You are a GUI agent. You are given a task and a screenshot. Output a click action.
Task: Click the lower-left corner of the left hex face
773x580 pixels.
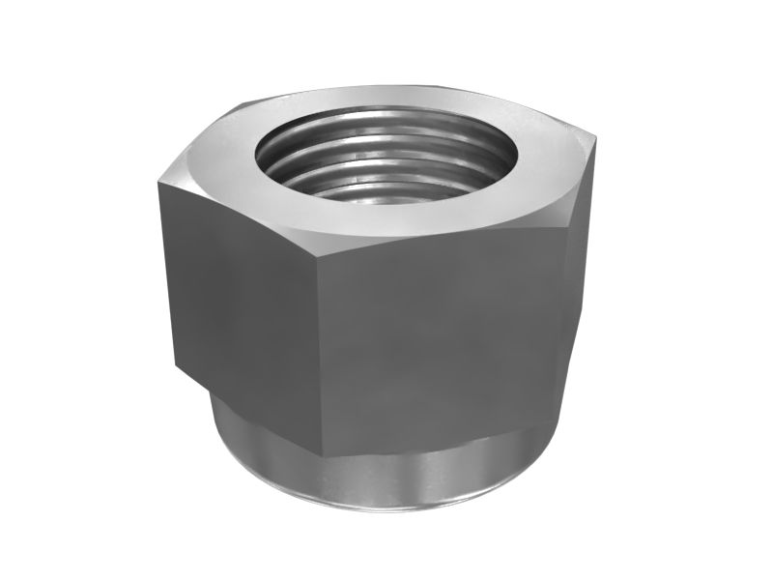click(x=176, y=367)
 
